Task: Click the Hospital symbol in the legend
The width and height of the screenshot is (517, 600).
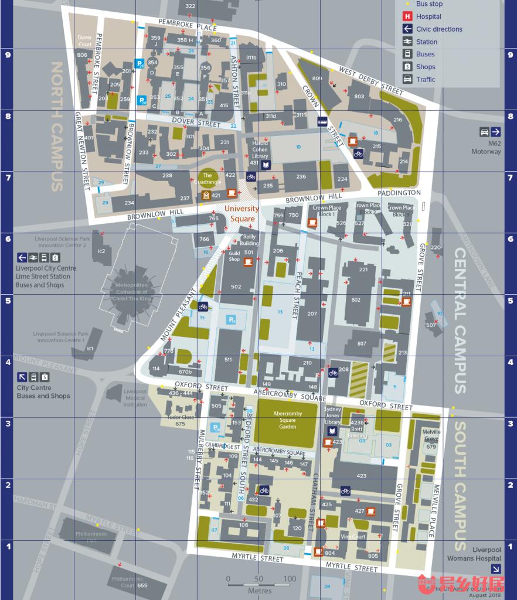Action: [407, 16]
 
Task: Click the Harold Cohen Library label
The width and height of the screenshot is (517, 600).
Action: [260, 149]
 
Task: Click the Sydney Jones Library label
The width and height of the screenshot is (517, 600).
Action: [332, 415]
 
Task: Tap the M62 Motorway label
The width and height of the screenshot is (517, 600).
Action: [486, 148]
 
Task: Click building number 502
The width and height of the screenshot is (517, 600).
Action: [236, 287]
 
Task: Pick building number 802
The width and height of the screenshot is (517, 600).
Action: [356, 299]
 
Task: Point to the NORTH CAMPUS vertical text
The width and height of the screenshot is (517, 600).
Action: [57, 126]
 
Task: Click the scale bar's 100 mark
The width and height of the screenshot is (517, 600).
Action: [290, 579]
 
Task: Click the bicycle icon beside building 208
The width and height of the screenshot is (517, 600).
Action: [333, 372]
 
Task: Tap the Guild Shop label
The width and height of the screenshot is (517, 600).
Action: [234, 256]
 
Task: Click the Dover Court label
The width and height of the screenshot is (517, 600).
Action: [85, 40]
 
